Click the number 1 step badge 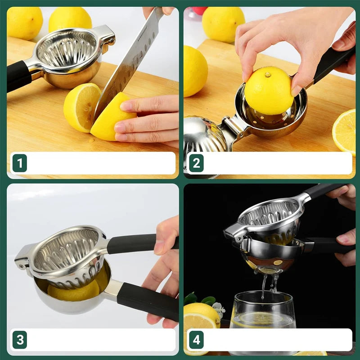point(19,163)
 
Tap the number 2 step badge point(196,163)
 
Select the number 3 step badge point(19,340)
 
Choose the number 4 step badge point(196,340)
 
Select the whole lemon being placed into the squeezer point(269,90)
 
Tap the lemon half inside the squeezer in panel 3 point(74,292)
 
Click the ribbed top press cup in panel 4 point(268,214)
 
